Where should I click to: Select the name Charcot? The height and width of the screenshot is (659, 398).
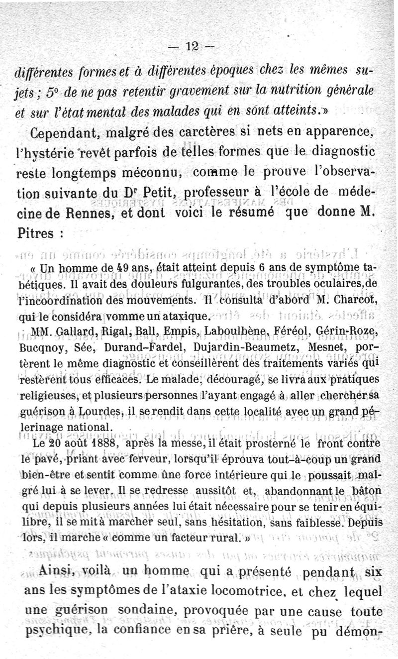tap(354, 299)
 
